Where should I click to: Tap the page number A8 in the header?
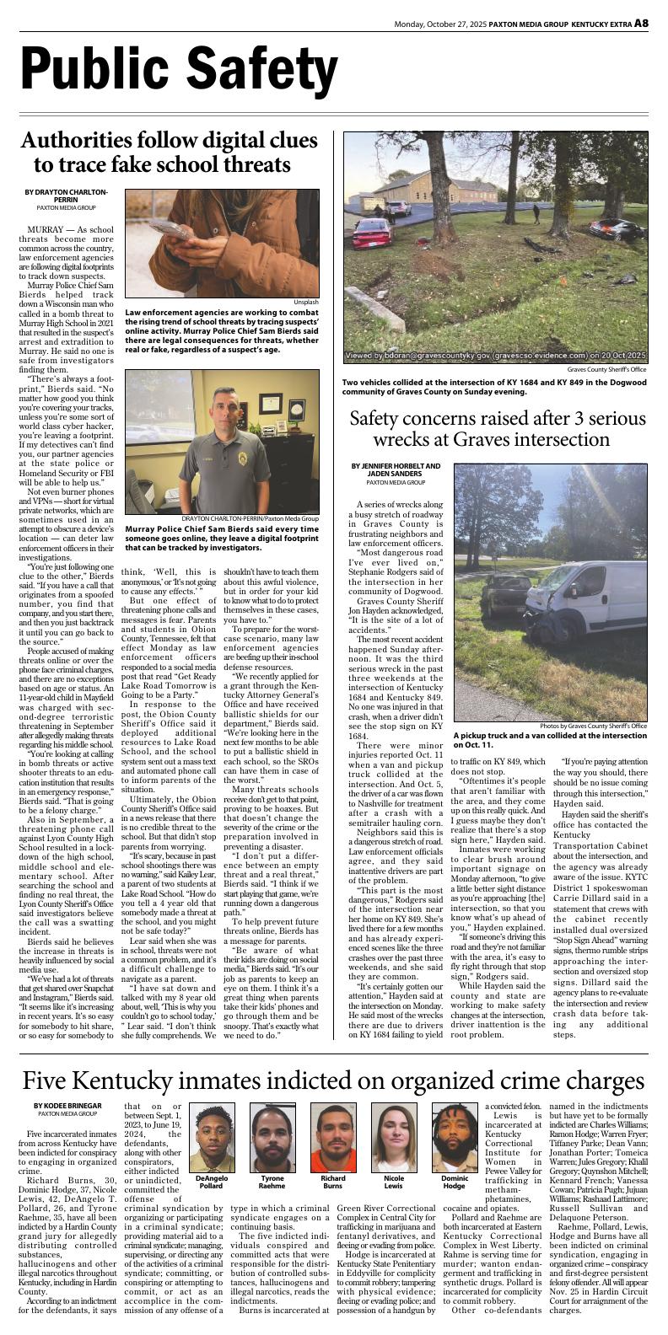(x=641, y=23)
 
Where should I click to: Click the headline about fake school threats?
(x=169, y=152)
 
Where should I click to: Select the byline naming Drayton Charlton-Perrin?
(x=66, y=196)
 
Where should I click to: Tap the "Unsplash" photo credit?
(x=306, y=302)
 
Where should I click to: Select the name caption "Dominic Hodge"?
(x=455, y=1182)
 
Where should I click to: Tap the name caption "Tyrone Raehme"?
(x=272, y=1182)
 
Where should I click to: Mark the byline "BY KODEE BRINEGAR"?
(x=67, y=1106)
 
